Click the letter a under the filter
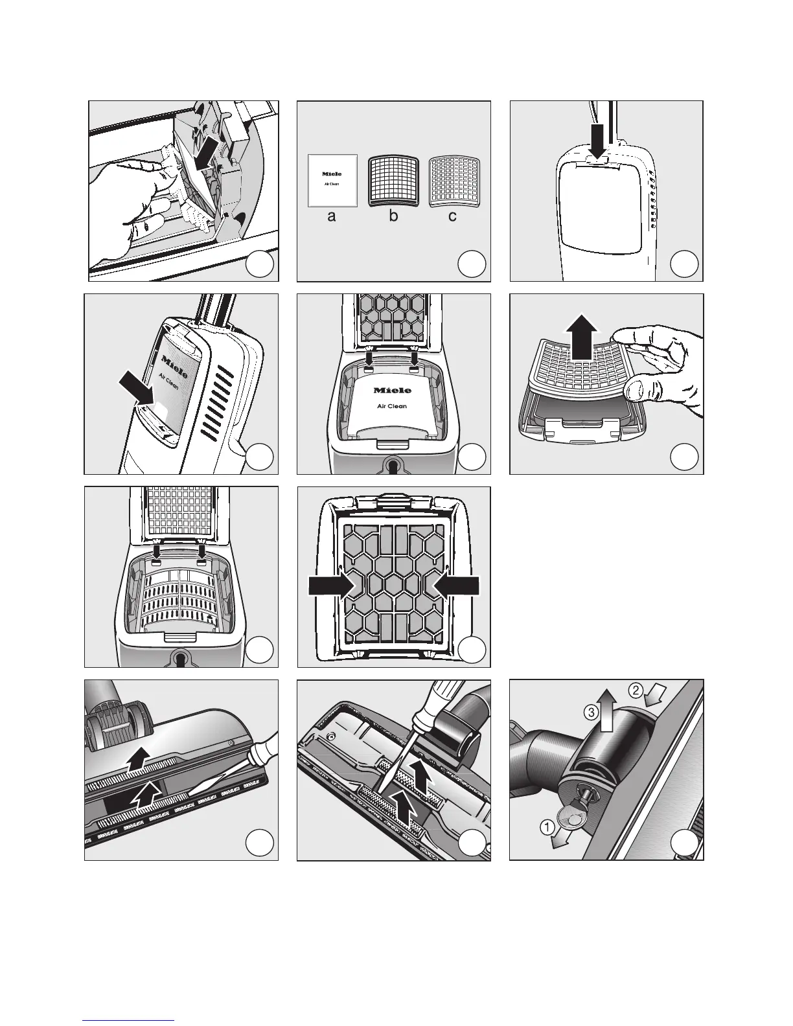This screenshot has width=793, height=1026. [x=332, y=217]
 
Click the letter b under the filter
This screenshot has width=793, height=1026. [x=393, y=217]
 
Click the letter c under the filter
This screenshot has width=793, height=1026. [x=452, y=217]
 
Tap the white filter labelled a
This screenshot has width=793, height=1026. [x=332, y=180]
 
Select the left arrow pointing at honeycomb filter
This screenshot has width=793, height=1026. [x=330, y=585]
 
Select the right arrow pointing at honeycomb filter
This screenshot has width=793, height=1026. [x=457, y=585]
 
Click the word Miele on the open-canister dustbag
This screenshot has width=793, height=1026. [x=392, y=391]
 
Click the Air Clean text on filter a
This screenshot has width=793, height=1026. [x=332, y=185]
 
